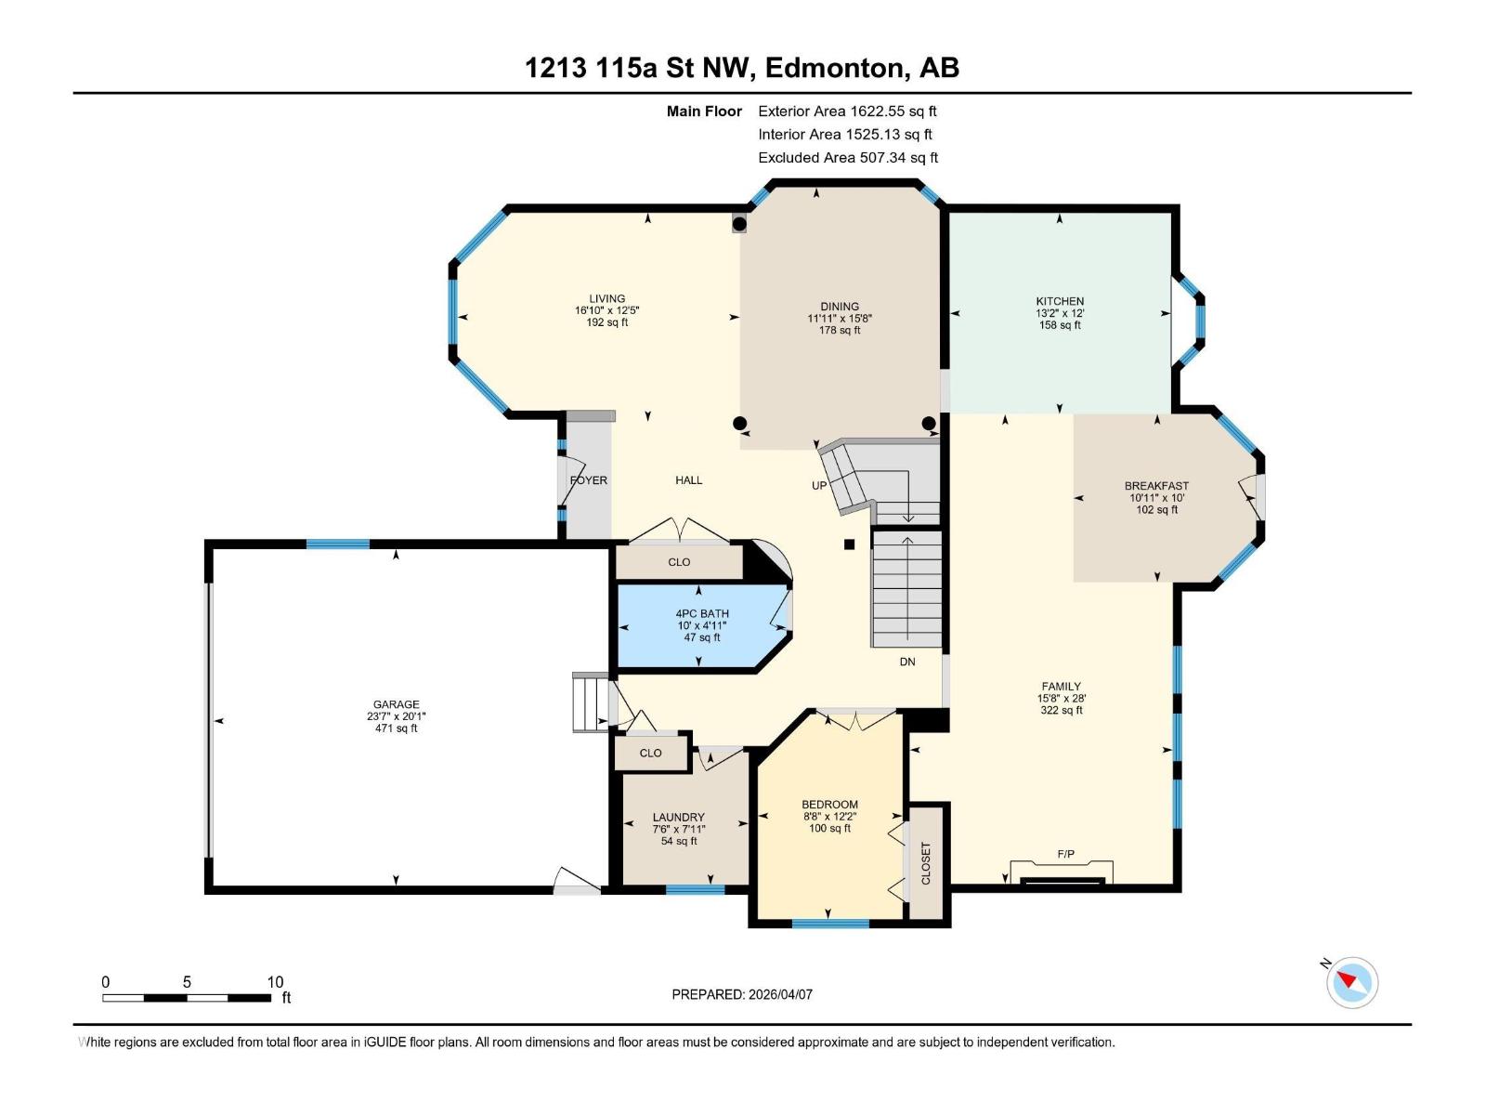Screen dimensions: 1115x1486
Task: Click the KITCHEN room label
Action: pos(1060,301)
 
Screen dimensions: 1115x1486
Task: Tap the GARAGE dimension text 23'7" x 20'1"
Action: pos(397,716)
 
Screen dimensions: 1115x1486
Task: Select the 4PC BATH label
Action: pos(702,613)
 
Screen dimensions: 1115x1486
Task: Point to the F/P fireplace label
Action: pos(1065,853)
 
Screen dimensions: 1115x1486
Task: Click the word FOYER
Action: pos(589,480)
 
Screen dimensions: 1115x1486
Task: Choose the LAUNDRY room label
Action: pos(678,818)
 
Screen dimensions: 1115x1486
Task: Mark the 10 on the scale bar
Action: pos(275,982)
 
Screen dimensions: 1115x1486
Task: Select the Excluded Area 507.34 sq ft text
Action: pos(848,158)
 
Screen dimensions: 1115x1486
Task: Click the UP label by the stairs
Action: pos(819,485)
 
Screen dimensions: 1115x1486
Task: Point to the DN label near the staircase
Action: pos(907,662)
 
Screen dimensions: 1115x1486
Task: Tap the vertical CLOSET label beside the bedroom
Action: pos(925,863)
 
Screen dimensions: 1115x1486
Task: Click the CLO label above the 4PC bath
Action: pos(679,562)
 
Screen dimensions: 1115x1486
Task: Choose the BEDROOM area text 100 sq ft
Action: pos(829,828)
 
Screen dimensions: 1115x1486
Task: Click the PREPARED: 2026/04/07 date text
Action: pos(742,994)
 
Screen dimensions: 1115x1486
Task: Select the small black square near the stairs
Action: pos(849,545)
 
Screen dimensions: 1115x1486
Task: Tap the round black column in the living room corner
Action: pos(739,224)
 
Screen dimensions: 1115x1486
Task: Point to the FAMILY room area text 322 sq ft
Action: pos(1061,710)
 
